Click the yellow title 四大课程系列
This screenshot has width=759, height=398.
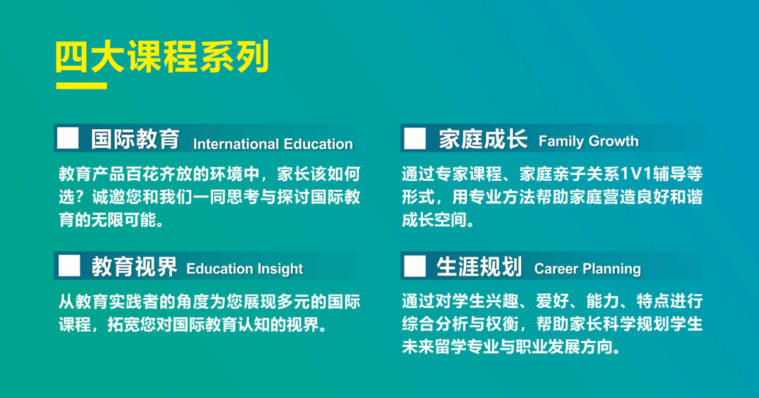[x=162, y=56]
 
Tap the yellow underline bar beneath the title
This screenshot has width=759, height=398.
[x=81, y=86]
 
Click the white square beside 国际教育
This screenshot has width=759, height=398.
[x=68, y=138]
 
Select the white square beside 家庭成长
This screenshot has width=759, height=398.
[x=415, y=138]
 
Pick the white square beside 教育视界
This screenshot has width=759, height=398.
[x=69, y=266]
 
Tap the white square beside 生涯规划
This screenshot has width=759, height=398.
[x=415, y=266]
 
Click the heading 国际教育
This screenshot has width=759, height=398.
[x=135, y=139]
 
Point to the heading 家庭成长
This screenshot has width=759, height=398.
[x=483, y=140]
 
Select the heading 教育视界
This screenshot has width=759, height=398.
[x=135, y=267]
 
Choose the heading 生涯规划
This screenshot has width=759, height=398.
[x=479, y=267]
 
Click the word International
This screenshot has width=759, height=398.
[x=236, y=144]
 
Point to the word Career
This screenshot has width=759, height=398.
[x=556, y=269]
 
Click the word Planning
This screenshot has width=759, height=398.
[x=612, y=269]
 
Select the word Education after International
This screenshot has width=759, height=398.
[x=318, y=144]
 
